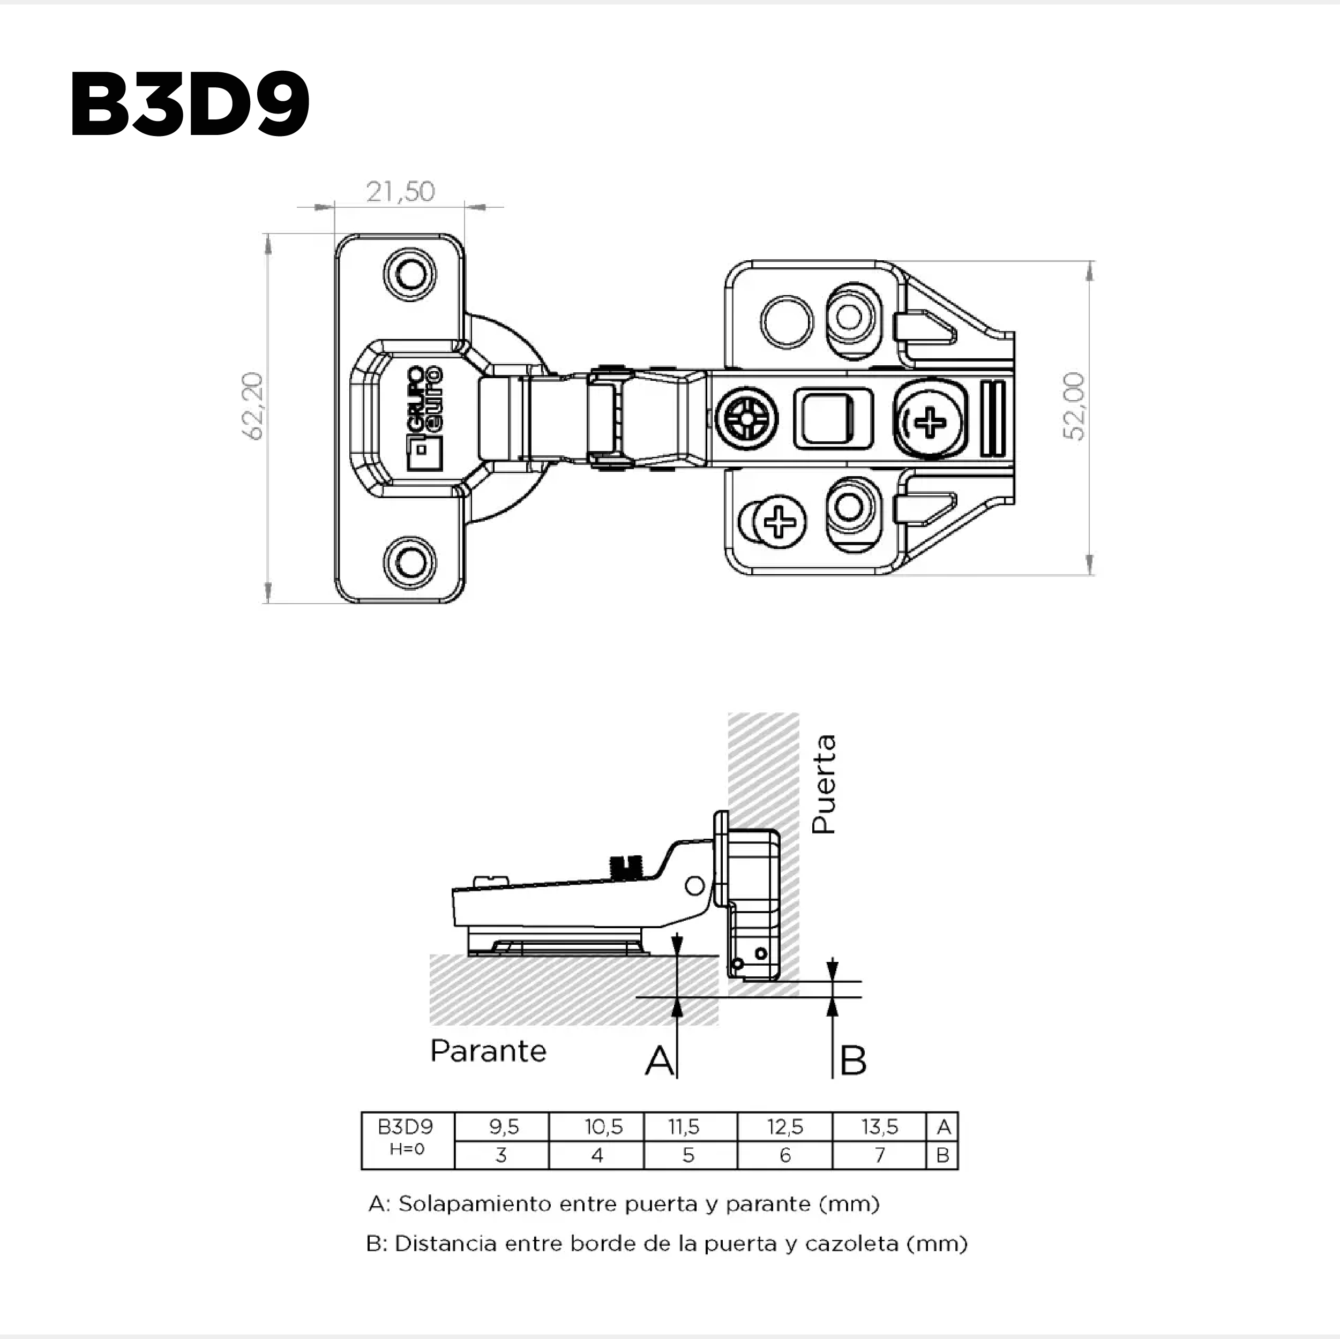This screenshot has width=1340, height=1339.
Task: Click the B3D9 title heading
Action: [189, 104]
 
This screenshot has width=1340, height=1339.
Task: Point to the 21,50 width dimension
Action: [400, 191]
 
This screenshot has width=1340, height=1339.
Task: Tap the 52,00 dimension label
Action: [1074, 407]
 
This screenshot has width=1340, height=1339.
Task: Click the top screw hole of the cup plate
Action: [410, 275]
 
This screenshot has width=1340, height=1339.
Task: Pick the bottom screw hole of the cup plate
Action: [410, 562]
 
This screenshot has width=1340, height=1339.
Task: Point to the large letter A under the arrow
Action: [659, 1060]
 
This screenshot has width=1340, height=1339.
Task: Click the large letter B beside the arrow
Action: [853, 1060]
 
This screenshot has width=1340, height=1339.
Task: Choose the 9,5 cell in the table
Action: [504, 1127]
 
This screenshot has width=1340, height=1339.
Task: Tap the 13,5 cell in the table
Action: [879, 1127]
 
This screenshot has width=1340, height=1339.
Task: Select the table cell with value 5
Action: [688, 1155]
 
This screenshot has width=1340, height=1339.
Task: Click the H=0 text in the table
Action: [407, 1149]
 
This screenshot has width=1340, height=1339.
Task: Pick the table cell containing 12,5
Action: [784, 1127]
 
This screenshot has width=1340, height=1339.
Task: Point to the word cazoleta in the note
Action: [852, 1244]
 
